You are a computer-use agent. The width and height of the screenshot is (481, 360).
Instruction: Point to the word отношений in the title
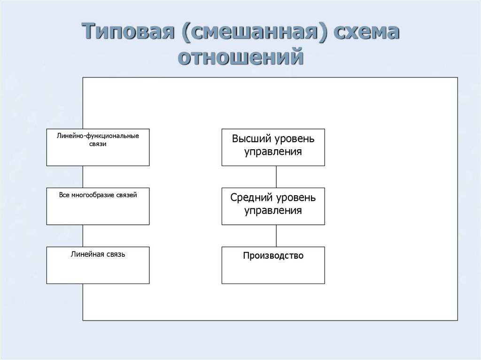pyautogui.click(x=240, y=58)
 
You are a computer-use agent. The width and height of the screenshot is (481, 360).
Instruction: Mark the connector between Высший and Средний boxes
pyautogui.click(x=276, y=177)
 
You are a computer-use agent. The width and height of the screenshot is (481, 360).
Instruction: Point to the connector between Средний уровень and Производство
pyautogui.click(x=276, y=236)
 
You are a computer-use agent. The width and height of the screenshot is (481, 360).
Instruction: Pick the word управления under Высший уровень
pyautogui.click(x=273, y=152)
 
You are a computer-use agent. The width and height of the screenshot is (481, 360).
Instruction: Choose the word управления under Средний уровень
pyautogui.click(x=273, y=210)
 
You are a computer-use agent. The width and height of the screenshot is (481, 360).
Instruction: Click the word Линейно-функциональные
pyautogui.click(x=98, y=136)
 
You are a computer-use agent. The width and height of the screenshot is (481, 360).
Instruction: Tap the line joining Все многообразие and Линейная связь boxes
pyautogui.click(x=83, y=236)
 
